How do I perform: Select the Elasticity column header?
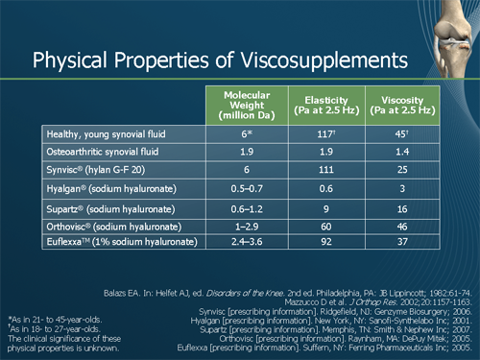coord(324,103)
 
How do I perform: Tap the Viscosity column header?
coord(402,103)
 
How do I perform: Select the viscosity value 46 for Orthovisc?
coord(402,227)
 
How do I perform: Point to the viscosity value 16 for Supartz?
coord(402,208)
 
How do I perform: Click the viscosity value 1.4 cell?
coord(402,152)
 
